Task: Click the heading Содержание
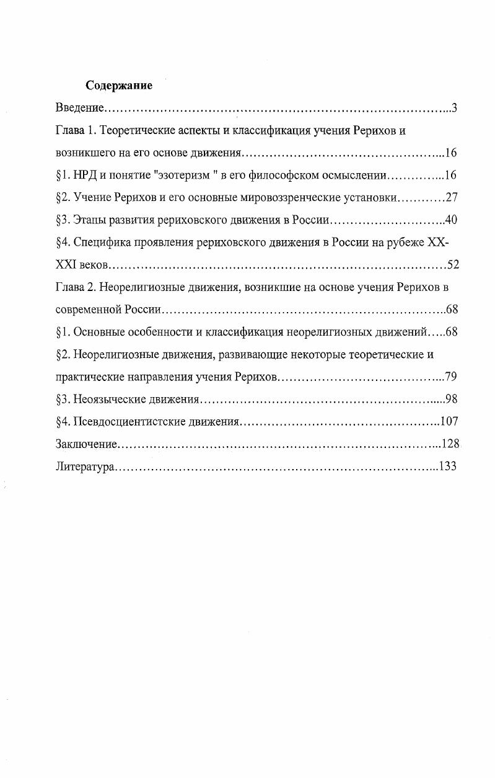coord(118,86)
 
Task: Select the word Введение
coord(78,109)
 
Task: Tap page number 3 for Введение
coord(453,109)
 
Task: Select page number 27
coord(451,198)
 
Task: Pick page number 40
coord(451,220)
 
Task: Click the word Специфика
coord(101,243)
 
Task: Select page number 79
coord(451,377)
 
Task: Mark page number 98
coord(451,399)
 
